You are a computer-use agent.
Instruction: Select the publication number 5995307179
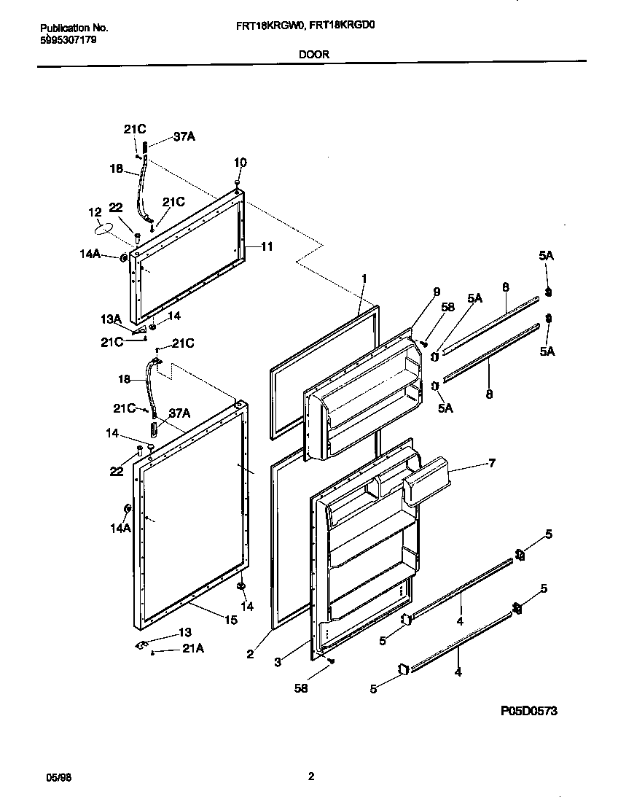[x=67, y=40]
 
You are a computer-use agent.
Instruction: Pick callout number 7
[x=491, y=464]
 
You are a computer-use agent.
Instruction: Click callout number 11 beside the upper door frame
[x=266, y=247]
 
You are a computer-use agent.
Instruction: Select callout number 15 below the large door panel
[x=231, y=620]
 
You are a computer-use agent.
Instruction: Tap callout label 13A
[x=112, y=319]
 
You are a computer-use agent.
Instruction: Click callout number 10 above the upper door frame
[x=240, y=162]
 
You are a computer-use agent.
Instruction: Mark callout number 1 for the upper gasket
[x=364, y=278]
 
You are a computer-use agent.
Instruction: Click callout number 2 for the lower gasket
[x=250, y=654]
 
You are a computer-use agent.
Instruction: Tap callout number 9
[x=437, y=292]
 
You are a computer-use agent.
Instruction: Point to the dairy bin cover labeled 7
[x=426, y=481]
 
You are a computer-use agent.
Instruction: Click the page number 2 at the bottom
[x=310, y=777]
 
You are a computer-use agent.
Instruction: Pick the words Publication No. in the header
[x=74, y=28]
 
